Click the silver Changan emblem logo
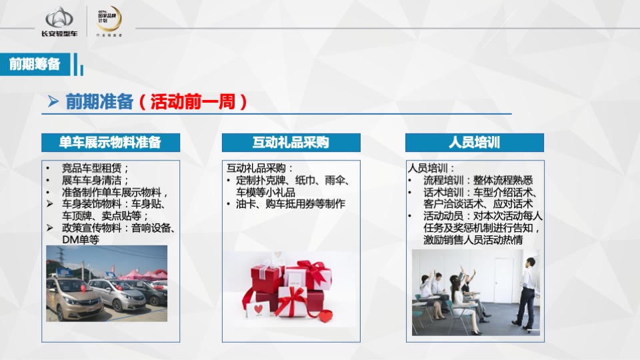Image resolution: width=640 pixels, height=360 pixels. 60,17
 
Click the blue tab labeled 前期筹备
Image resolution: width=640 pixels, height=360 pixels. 35,64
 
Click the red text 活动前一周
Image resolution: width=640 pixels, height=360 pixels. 194,102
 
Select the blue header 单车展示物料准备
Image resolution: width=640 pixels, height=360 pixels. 110,143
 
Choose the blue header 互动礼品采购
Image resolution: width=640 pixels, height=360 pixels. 291,143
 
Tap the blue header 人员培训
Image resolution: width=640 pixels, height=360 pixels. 474,143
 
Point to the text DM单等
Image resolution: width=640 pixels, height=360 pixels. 80,239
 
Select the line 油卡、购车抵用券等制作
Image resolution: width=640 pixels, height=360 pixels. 291,204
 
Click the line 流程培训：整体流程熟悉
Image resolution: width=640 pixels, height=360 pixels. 477,180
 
